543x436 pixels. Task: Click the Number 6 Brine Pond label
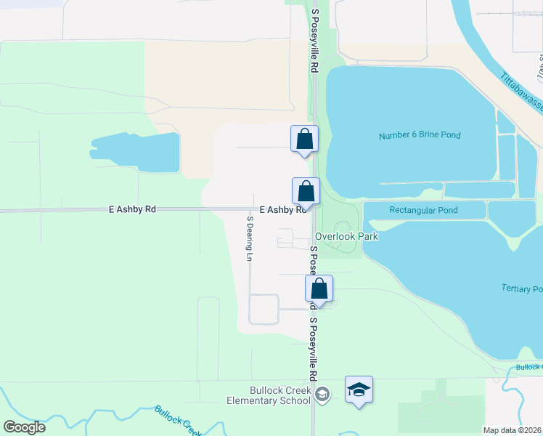pos(420,135)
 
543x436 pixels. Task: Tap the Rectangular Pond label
pos(423,210)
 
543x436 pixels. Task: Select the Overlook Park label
pos(346,236)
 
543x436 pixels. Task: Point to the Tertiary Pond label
pos(521,288)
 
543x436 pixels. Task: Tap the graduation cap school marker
pos(359,390)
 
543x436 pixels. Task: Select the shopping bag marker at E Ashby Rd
pos(306,191)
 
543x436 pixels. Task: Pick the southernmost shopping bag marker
pos(319,288)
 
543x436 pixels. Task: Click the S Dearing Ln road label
pos(249,238)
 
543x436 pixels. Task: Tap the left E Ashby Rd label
pos(132,209)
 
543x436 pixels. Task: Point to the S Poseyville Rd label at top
pos(314,41)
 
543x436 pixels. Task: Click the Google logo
pos(24,427)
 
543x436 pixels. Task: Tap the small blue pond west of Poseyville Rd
pos(138,153)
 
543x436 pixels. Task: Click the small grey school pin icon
pos(322,394)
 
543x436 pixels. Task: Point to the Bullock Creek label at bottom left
pos(178,420)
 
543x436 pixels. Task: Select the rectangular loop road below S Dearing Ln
pos(264,309)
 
